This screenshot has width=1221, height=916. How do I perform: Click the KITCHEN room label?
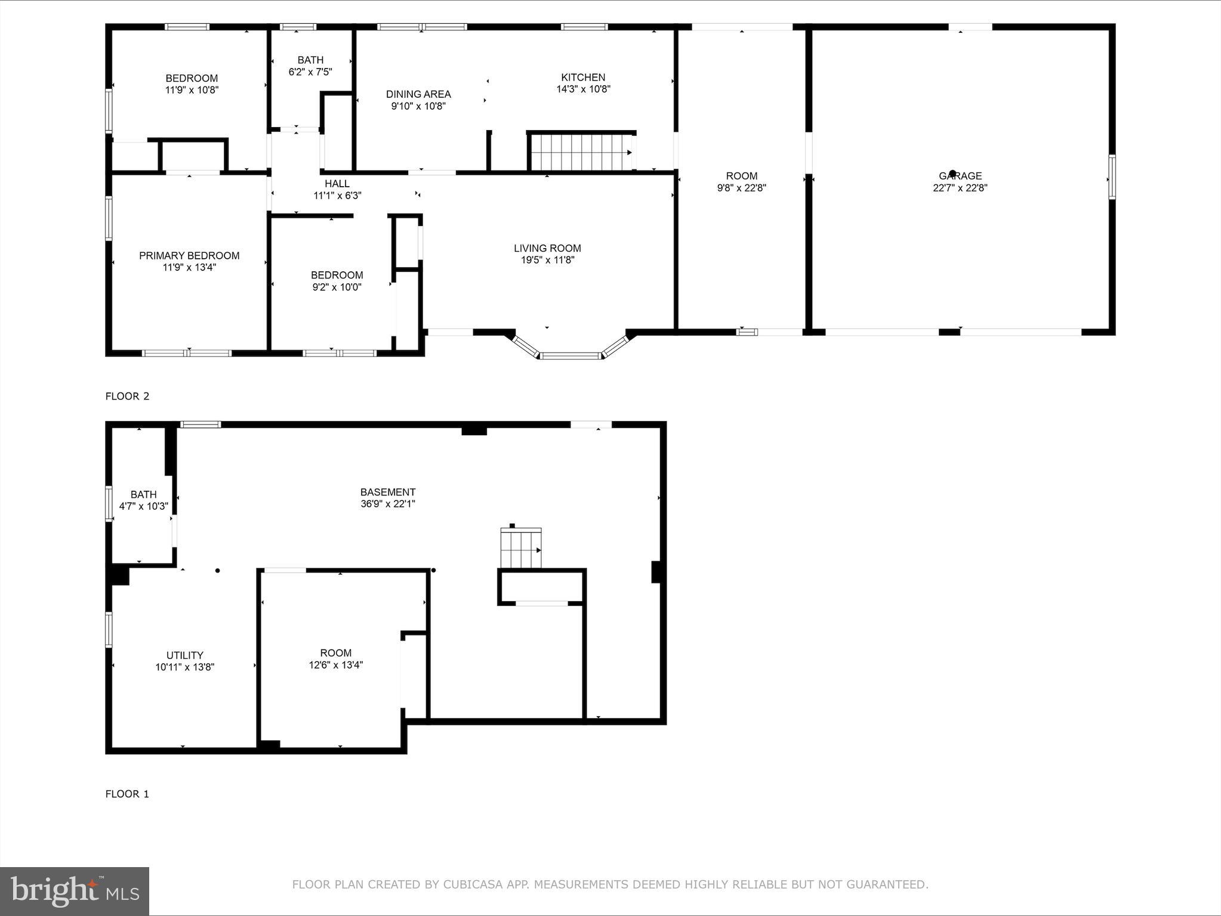click(583, 78)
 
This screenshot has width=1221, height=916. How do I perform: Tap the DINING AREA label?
click(418, 94)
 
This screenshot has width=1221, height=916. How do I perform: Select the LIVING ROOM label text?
click(547, 248)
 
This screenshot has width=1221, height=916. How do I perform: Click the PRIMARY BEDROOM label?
click(189, 255)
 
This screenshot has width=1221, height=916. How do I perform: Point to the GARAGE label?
click(960, 176)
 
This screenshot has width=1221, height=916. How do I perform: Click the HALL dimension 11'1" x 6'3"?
click(337, 196)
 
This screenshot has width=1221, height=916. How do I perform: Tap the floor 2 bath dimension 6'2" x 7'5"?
click(310, 72)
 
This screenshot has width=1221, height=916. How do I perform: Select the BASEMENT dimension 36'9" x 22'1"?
click(388, 504)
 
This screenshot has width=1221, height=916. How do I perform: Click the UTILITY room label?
click(185, 655)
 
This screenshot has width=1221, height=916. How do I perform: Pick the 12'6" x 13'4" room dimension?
click(336, 665)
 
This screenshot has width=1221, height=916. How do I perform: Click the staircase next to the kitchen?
click(581, 152)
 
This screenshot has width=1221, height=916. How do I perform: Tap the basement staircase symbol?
click(521, 549)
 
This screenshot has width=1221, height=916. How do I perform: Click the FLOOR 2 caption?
click(127, 396)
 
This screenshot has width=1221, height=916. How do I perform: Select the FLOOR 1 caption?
click(127, 794)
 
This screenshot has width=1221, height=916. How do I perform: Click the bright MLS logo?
click(75, 891)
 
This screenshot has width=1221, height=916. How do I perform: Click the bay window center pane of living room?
click(570, 356)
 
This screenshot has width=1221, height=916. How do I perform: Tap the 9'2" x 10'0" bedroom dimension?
click(337, 287)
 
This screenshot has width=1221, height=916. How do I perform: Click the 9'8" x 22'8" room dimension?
click(741, 188)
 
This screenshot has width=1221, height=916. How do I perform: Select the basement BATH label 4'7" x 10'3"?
click(144, 500)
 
